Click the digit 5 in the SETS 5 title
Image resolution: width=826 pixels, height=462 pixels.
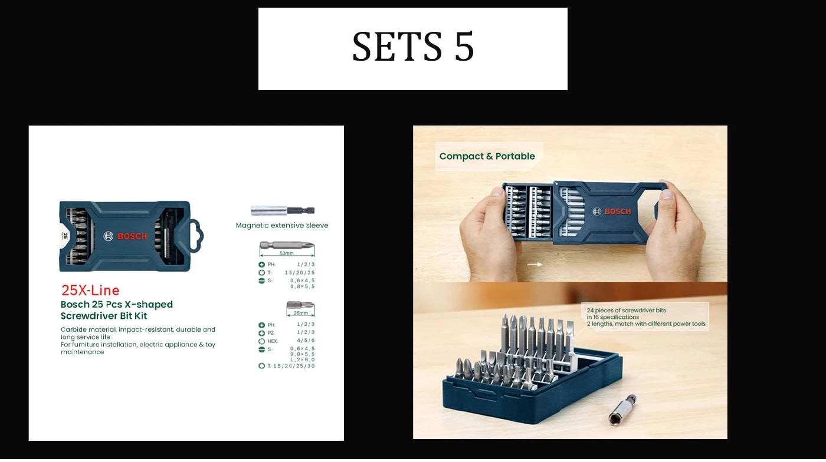tap(464, 47)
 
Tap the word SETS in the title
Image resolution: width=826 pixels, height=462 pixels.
tap(396, 47)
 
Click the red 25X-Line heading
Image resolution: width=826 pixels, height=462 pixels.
tap(90, 290)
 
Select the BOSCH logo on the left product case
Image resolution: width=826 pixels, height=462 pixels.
tap(126, 236)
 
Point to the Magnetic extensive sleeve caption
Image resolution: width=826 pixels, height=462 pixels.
tap(282, 225)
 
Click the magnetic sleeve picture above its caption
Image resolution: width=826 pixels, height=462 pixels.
tap(282, 210)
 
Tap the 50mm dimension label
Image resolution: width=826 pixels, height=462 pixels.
tap(286, 253)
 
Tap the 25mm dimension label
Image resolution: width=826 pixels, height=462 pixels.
tap(301, 313)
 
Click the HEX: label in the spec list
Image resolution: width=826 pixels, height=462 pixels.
tap(272, 341)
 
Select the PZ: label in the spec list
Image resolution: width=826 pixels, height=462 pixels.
tap(271, 333)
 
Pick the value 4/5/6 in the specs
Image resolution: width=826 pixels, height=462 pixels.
tap(305, 341)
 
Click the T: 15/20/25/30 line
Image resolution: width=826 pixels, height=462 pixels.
tap(287, 366)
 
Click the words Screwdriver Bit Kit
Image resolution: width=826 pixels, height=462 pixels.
tap(104, 316)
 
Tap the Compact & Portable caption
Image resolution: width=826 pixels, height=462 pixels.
tap(487, 156)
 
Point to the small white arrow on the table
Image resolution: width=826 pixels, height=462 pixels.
tap(535, 265)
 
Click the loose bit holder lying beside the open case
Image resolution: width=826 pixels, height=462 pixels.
tap(622, 410)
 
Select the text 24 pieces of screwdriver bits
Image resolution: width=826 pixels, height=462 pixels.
tap(626, 310)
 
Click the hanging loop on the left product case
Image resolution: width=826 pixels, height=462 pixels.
tap(195, 236)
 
